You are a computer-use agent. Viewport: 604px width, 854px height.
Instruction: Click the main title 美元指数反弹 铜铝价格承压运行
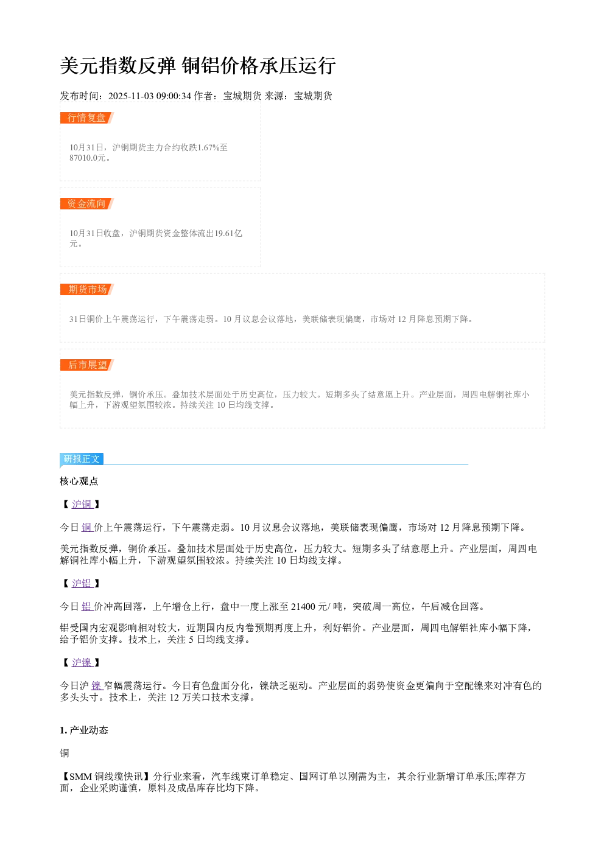pos(197,66)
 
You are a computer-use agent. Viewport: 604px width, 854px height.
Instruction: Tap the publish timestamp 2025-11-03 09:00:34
pos(149,96)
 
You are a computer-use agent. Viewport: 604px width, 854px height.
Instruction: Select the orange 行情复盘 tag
pos(86,117)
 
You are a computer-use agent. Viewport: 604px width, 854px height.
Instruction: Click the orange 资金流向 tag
pos(86,203)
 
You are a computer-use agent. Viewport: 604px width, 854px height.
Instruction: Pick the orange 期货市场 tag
pos(86,289)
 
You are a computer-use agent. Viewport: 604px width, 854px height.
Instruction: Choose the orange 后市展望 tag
pos(86,365)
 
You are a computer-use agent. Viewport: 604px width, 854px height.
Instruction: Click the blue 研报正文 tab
pos(82,458)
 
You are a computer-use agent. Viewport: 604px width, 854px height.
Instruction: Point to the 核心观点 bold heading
pos(79,481)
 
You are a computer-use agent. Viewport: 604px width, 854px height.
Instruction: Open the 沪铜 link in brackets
pos(82,504)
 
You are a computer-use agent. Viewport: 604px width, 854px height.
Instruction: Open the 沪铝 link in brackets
pos(82,583)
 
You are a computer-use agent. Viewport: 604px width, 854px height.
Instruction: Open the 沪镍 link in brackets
pos(82,663)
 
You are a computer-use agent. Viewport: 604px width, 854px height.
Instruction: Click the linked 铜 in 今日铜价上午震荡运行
pos(87,527)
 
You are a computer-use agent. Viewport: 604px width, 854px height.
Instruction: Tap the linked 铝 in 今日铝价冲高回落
pos(87,607)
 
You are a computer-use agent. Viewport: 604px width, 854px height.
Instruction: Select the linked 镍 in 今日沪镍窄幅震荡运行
pos(97,686)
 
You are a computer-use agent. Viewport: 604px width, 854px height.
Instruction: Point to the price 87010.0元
pos(87,158)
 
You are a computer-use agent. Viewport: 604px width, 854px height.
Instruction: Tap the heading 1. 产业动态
pos(84,730)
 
